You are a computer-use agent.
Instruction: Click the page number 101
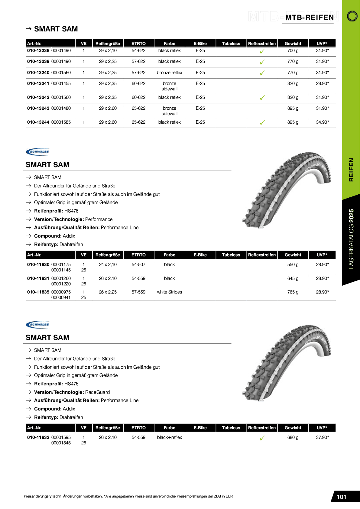coord(341,497)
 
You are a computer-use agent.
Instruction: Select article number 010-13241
coord(38,83)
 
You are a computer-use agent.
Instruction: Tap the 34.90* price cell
coord(322,122)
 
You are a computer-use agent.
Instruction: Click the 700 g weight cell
coord(293,50)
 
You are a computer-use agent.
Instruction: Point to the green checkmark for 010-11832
coord(262,438)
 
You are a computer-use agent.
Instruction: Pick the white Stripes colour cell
coord(169,292)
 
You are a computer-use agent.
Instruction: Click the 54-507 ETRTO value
coord(138,264)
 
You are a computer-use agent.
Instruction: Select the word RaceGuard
coord(97,392)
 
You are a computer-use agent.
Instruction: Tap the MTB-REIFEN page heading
coord(310,18)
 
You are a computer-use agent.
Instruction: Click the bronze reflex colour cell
coord(169,73)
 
